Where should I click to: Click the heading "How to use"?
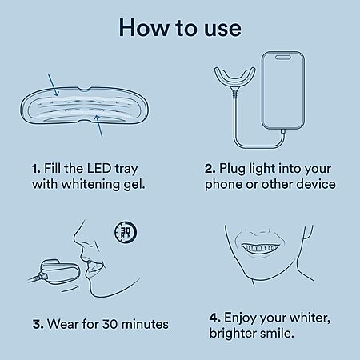pos(180,28)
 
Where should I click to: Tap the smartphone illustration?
pos(283,90)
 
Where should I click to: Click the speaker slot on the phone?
pos(282,58)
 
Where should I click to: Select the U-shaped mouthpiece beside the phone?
pos(234,78)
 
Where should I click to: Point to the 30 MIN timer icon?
pos(126,232)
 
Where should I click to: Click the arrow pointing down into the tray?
pos(53,85)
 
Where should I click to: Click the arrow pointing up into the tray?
pos(98,126)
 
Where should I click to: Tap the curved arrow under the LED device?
pos(70,289)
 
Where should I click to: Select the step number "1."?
pos(36,169)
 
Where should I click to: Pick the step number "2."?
pos(210,169)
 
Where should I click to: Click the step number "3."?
pos(38,324)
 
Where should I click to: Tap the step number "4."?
pos(214,318)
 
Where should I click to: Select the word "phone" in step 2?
pos(223,185)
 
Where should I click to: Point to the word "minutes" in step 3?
pos(146,324)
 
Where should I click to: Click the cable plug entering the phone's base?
pos(282,131)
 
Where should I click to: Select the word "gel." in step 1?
pos(134,185)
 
